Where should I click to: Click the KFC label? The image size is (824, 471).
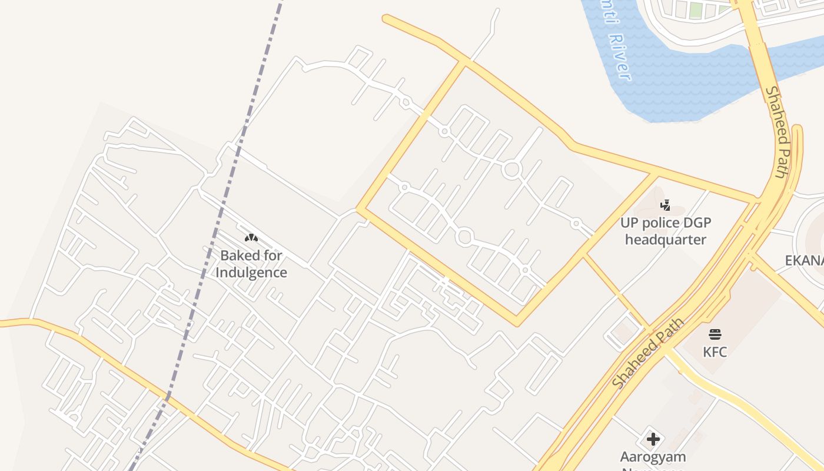715,352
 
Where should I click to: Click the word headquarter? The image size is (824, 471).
666,240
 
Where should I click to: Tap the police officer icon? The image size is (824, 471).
666,205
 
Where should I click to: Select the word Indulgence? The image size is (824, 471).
251,273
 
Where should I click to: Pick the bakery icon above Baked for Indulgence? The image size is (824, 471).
251,238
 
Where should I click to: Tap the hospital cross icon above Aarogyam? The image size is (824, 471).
653,439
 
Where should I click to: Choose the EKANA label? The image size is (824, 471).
804,261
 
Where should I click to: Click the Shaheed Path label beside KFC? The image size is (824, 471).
648,353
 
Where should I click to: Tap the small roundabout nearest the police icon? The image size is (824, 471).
576,224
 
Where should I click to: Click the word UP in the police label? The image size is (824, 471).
629,223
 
